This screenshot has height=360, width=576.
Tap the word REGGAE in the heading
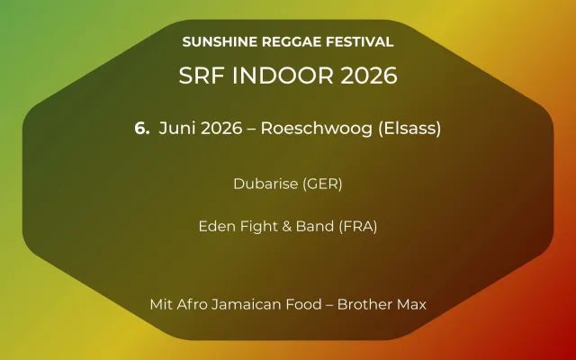tap(287, 41)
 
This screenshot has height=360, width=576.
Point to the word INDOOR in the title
tap(274, 76)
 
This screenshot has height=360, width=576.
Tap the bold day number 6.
tap(141, 128)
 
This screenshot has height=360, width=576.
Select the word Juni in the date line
tap(176, 128)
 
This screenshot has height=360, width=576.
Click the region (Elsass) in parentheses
tap(401, 128)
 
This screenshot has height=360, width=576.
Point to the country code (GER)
tap(323, 184)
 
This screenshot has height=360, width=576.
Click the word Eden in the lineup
tap(215, 226)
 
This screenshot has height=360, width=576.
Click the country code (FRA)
tap(357, 226)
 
